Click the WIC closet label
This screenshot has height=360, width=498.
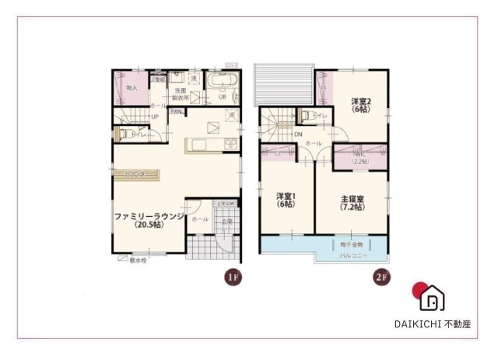[360, 158]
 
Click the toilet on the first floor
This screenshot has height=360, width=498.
[123, 134]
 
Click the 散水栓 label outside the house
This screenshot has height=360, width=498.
[139, 260]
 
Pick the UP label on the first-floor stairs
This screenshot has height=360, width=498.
[155, 117]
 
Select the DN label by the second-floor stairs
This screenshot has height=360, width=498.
[298, 135]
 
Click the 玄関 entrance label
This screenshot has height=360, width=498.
[226, 222]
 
